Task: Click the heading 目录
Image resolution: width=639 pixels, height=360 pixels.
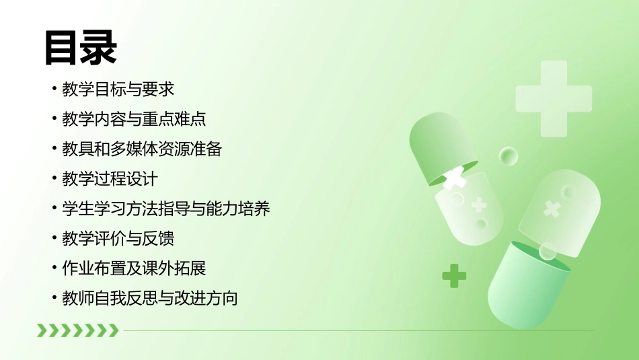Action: coord(81,48)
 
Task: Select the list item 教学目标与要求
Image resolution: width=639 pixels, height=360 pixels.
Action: coord(118,89)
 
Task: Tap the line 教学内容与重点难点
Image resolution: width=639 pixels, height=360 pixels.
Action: coord(133,120)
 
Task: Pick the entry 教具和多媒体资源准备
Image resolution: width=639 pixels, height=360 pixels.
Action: coord(141,149)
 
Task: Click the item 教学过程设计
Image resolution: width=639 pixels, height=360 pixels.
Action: coord(110,179)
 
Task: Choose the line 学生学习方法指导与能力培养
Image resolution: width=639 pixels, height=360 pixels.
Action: coord(165,209)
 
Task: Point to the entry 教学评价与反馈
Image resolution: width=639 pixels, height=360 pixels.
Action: coord(118,238)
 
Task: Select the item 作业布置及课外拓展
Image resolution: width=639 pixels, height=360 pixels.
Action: coord(133,268)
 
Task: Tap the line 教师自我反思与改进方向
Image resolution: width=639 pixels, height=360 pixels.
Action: coord(149,298)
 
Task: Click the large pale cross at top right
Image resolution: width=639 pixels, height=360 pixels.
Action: coord(554,98)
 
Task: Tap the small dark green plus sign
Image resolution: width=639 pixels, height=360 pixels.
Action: coord(454,275)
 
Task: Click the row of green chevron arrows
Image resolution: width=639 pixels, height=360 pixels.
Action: coord(77,330)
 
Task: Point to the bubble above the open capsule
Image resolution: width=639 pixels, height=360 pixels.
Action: coord(509,157)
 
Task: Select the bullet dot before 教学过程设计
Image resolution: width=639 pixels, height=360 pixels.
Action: coord(54,180)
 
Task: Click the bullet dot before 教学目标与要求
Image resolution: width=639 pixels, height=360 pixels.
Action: coord(54,90)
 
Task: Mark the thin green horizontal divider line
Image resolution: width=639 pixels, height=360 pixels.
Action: coord(356,330)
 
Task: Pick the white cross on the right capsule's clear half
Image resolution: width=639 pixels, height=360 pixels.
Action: coord(552,209)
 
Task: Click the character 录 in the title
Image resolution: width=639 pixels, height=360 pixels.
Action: coord(99,48)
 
